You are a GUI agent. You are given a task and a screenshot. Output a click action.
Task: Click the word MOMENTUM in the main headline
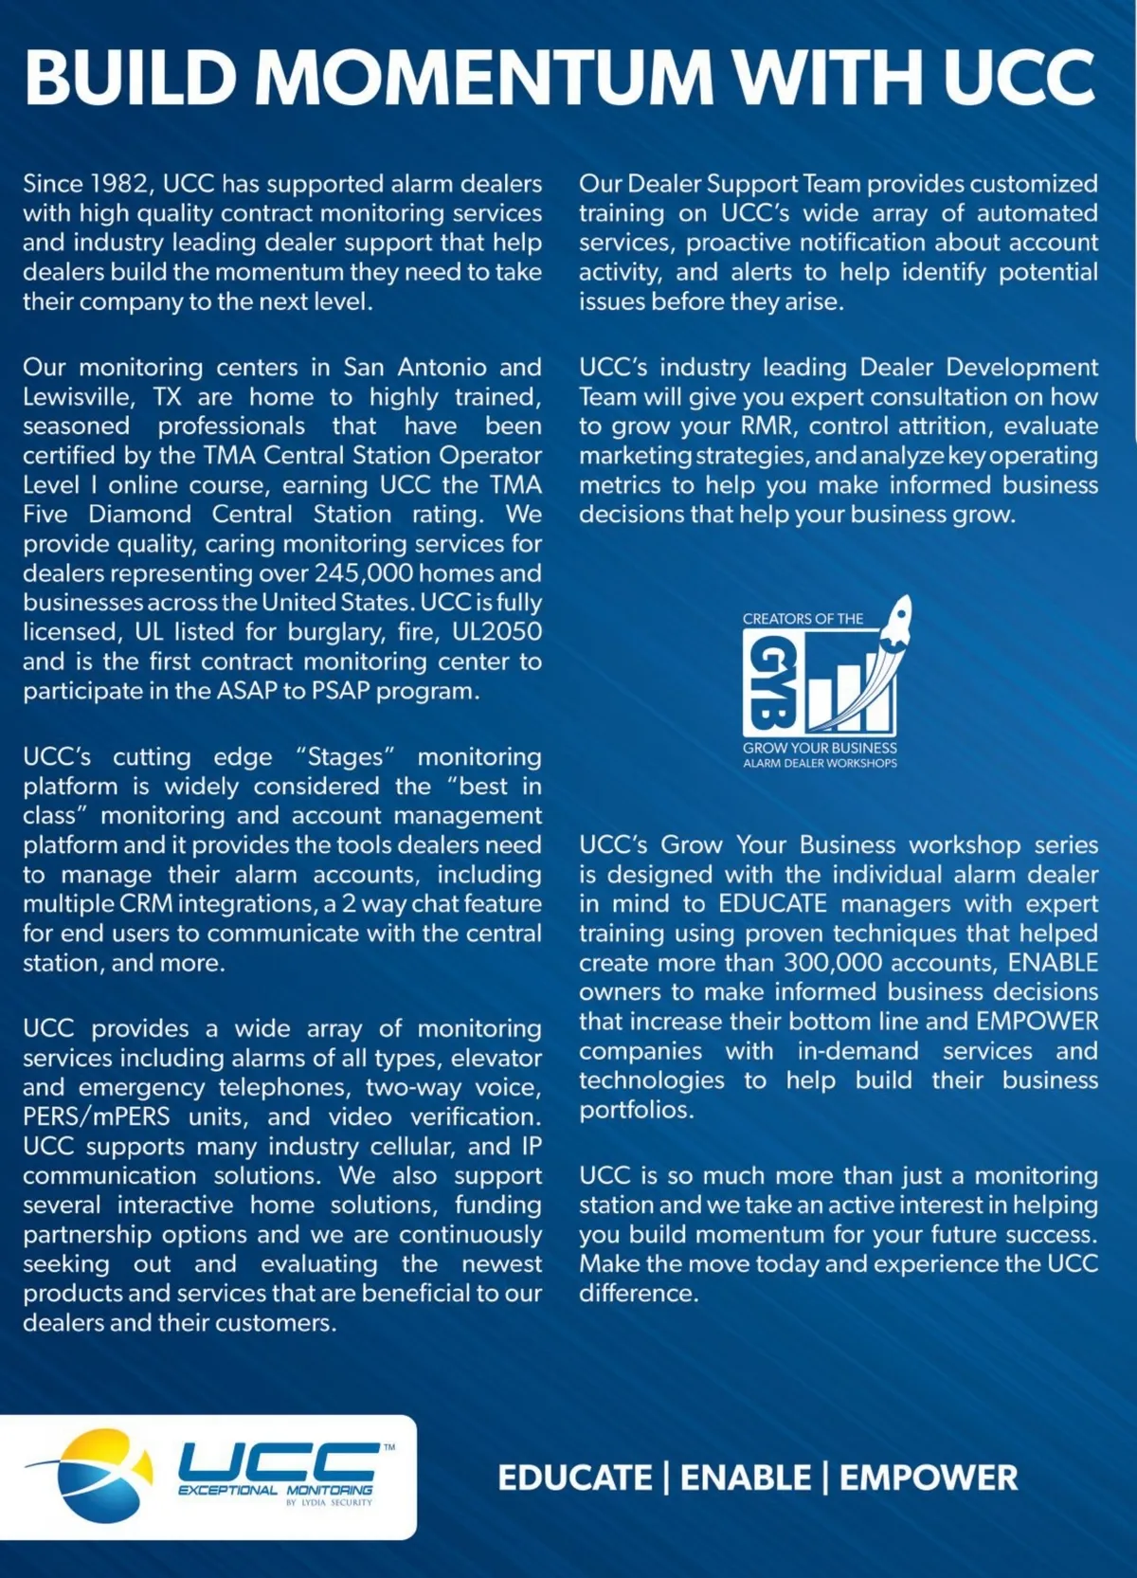pyautogui.click(x=484, y=77)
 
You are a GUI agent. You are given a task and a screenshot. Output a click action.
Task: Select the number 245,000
pyautogui.click(x=364, y=573)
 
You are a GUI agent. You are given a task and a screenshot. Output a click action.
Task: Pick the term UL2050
pyautogui.click(x=496, y=632)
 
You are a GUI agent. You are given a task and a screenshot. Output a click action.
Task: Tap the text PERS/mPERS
pyautogui.click(x=97, y=1117)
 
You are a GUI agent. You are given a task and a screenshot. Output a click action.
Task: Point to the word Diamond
pyautogui.click(x=140, y=515)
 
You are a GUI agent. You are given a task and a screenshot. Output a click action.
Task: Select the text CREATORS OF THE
pyautogui.click(x=803, y=619)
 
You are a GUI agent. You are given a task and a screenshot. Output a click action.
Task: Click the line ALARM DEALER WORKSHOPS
pyautogui.click(x=820, y=763)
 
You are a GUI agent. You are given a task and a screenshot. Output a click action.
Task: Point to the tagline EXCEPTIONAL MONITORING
pyautogui.click(x=276, y=1490)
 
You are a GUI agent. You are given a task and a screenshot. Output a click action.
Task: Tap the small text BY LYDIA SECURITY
pyautogui.click(x=329, y=1503)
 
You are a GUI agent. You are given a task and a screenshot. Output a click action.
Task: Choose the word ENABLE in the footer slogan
pyautogui.click(x=746, y=1478)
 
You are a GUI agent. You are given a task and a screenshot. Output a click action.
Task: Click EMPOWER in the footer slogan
pyautogui.click(x=929, y=1478)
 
